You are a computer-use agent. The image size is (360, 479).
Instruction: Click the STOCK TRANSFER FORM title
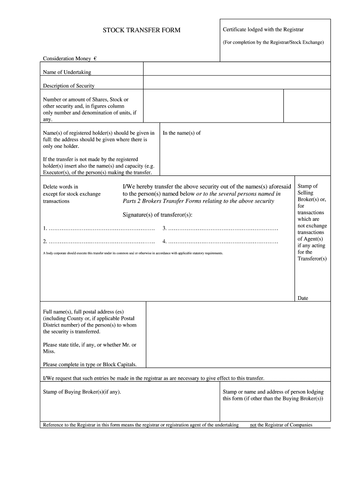click(141, 30)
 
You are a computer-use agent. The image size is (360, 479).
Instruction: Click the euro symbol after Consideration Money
click(95, 58)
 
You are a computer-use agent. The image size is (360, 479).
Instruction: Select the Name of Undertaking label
click(67, 72)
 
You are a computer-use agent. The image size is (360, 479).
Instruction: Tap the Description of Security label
click(69, 86)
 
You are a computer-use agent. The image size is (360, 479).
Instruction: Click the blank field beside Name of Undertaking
click(237, 69)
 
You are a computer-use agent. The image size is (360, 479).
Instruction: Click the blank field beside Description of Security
click(237, 82)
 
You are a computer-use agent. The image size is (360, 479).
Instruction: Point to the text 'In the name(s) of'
click(181, 133)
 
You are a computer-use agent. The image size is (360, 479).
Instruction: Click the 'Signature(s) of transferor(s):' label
click(158, 215)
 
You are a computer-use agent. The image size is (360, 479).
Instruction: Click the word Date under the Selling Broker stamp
click(302, 298)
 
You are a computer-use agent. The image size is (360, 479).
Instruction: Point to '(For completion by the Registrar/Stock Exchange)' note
click(273, 42)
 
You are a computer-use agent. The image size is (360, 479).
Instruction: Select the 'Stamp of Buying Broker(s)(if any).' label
click(82, 392)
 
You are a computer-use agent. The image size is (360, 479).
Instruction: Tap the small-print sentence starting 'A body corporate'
click(133, 253)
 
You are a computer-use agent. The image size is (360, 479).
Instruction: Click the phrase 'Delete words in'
click(61, 187)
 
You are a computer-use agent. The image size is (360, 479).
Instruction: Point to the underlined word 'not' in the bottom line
click(253, 425)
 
